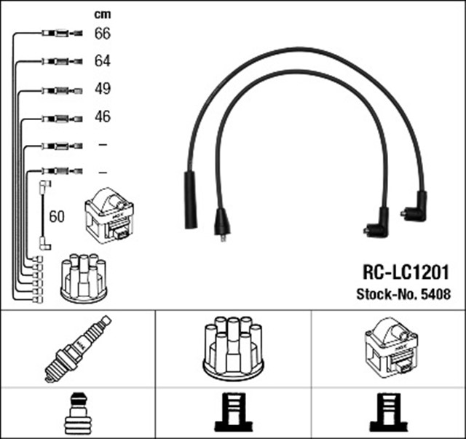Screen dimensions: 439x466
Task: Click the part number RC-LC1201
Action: click(x=406, y=272)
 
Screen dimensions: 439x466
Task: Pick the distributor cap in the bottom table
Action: click(x=233, y=347)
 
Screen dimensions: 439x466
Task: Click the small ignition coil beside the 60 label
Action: click(x=110, y=215)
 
